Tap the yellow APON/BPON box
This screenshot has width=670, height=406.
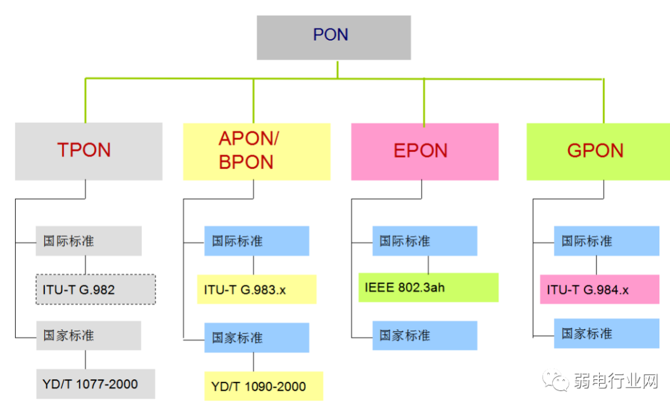coord(256,151)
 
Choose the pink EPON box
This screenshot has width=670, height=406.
coord(424,151)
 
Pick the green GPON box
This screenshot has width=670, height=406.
coord(598,151)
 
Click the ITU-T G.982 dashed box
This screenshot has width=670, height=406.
coord(95,289)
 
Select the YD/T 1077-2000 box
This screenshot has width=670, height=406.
coord(95,384)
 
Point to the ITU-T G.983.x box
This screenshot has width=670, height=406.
coord(256,289)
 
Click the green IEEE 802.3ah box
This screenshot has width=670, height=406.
coord(428,288)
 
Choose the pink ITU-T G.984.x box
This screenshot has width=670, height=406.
coord(599,289)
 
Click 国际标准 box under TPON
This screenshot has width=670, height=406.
coord(89,241)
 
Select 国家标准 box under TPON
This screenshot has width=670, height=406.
coord(89,336)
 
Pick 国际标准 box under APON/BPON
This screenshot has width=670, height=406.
coord(256,241)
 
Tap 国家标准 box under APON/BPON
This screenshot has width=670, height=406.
coord(256,338)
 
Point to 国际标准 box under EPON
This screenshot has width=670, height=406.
coord(424,241)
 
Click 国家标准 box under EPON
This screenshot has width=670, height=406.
coord(424,335)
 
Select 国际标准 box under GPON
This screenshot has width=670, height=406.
coord(606,241)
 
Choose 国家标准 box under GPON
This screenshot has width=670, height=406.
coord(606,333)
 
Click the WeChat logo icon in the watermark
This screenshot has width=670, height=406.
coord(559,381)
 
